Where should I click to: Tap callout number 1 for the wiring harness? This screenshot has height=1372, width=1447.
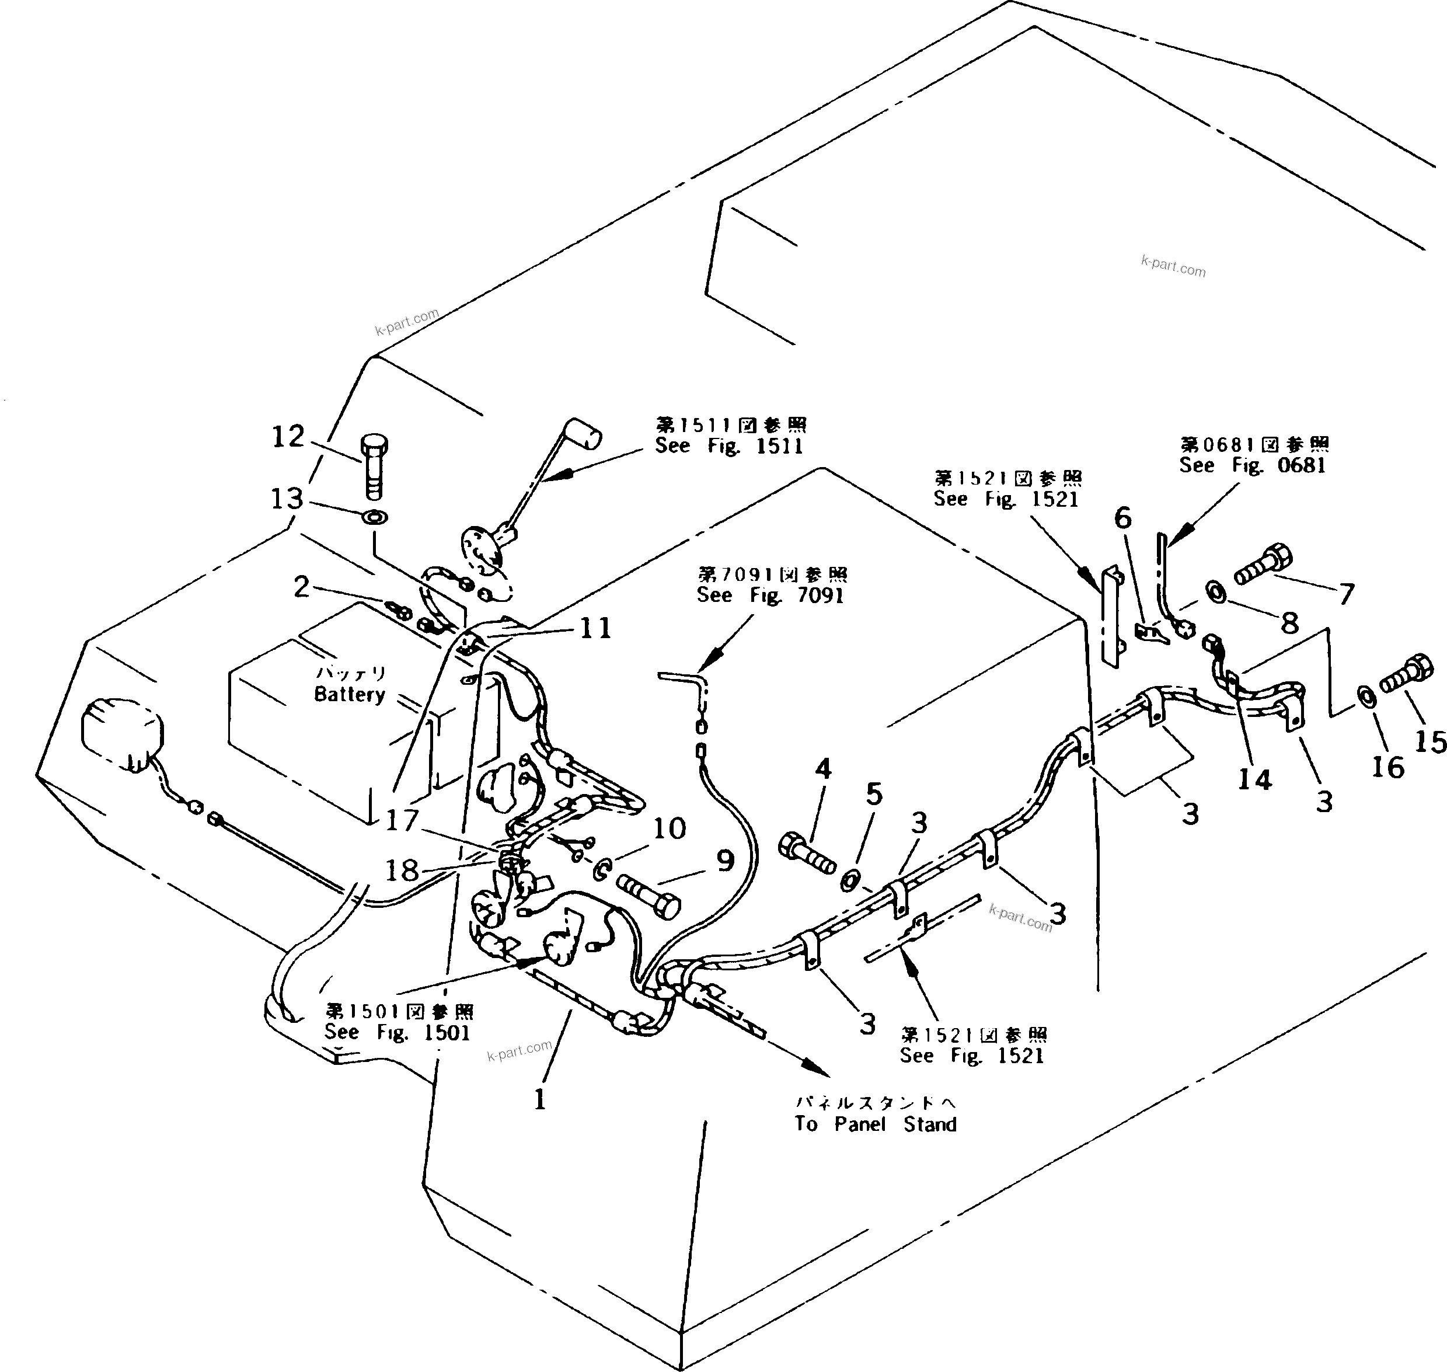[x=539, y=1099]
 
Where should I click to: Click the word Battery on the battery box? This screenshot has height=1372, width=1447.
[x=350, y=694]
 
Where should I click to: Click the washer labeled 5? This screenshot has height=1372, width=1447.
[x=850, y=881]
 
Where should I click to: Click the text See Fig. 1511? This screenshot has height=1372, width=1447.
[x=728, y=446]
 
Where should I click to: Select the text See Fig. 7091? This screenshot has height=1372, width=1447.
[x=770, y=596]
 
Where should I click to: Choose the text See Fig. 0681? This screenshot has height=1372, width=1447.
[x=1252, y=465]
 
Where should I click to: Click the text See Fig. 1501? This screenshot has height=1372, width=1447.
[x=397, y=1032]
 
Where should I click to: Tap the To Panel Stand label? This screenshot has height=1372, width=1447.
[x=875, y=1123]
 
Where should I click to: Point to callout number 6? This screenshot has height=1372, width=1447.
[x=1122, y=518]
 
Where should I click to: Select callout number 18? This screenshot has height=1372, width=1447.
[x=402, y=870]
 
